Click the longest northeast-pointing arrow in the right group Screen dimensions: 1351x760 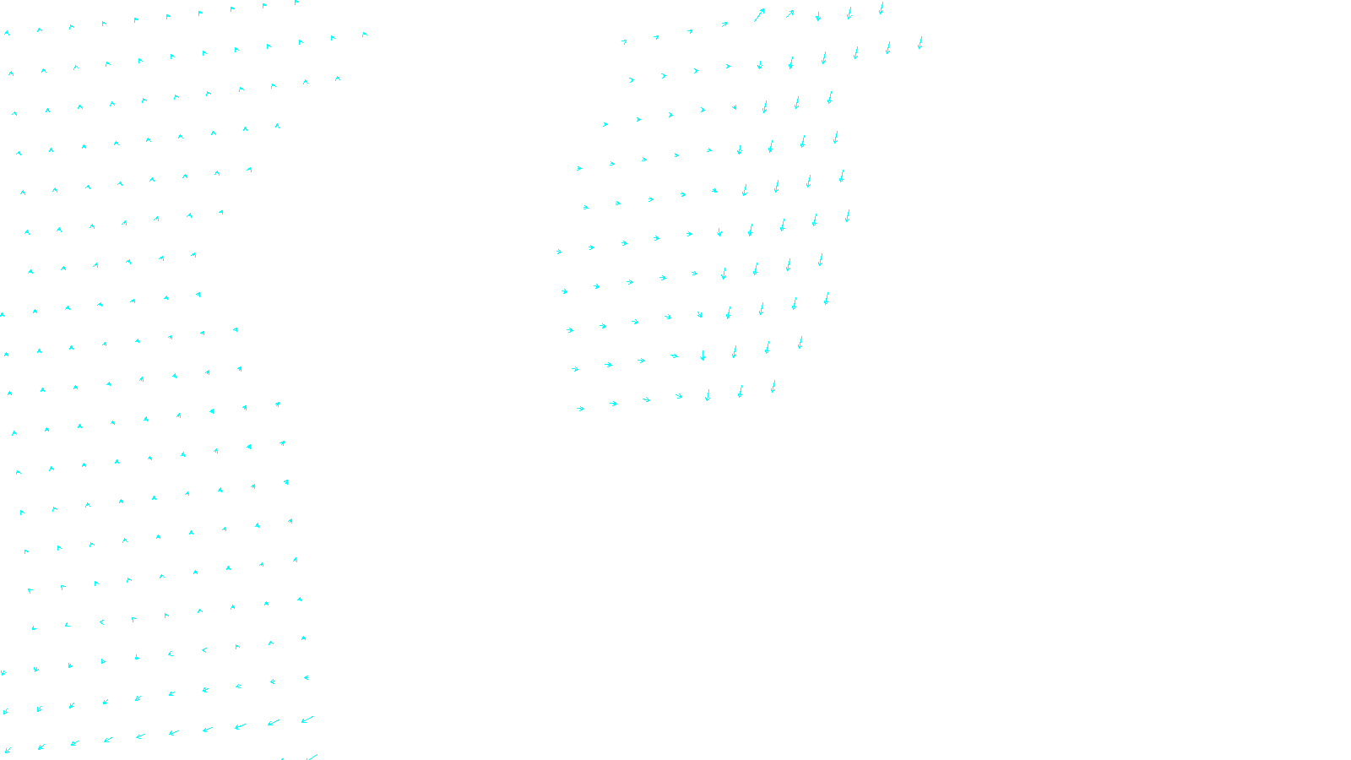(x=758, y=15)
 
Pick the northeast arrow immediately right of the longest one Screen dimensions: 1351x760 (x=789, y=14)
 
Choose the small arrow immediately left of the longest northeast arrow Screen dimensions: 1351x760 (x=724, y=24)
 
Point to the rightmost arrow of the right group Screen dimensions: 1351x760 (x=920, y=42)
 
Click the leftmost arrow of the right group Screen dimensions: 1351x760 (x=559, y=252)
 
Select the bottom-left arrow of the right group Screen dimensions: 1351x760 (x=580, y=409)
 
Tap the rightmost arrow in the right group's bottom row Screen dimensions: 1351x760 (x=773, y=387)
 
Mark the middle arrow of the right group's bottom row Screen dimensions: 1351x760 (x=678, y=396)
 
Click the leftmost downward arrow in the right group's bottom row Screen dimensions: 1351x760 (x=708, y=394)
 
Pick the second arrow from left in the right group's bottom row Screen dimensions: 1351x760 (x=613, y=404)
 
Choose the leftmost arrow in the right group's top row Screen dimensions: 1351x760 (x=624, y=41)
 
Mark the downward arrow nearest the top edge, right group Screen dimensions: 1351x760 (x=881, y=8)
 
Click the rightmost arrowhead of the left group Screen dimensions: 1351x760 (x=365, y=35)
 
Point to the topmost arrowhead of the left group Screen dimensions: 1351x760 (x=297, y=3)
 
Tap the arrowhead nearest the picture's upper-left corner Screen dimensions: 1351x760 (x=7, y=33)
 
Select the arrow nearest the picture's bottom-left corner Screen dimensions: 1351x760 (x=8, y=750)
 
